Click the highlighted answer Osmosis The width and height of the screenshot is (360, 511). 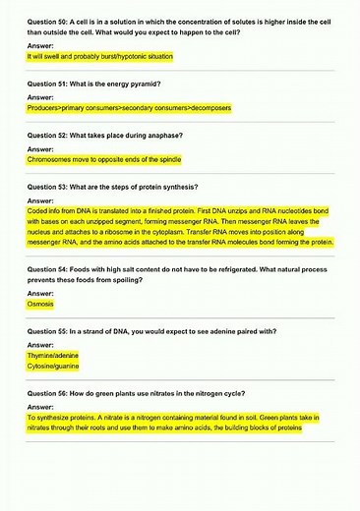(40, 305)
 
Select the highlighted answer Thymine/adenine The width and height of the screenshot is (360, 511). (53, 356)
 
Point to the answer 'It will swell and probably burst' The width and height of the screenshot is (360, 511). (98, 57)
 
